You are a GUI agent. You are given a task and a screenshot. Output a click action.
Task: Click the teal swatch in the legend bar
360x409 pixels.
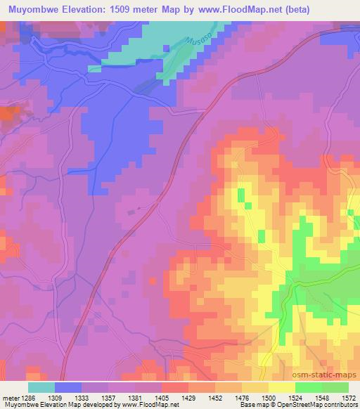41,387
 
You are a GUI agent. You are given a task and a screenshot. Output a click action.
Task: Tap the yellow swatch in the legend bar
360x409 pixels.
282,387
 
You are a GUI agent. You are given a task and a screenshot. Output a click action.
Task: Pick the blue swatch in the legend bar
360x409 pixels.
68,387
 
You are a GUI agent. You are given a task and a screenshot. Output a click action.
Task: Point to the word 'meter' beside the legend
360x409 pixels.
10,398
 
